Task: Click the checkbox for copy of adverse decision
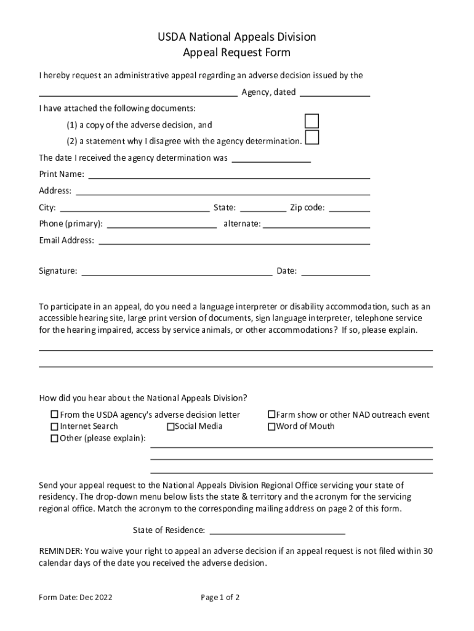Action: point(312,121)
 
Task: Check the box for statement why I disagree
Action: point(312,137)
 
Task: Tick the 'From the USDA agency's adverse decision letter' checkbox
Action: point(54,415)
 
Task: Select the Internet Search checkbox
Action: point(54,426)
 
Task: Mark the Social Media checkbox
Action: point(171,426)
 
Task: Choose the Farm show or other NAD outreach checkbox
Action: point(271,415)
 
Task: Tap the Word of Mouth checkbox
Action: point(271,426)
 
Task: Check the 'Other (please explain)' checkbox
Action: point(54,439)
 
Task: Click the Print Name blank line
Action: point(229,175)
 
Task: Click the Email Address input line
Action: point(234,241)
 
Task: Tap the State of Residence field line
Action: point(278,531)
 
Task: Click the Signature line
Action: point(177,271)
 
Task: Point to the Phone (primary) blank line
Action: point(162,224)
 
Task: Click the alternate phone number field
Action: point(316,224)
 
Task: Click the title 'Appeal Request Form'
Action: point(236,53)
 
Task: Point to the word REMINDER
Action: point(60,551)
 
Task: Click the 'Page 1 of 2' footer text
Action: point(220,597)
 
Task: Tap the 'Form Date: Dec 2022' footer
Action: point(76,597)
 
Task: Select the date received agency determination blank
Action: point(271,159)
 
